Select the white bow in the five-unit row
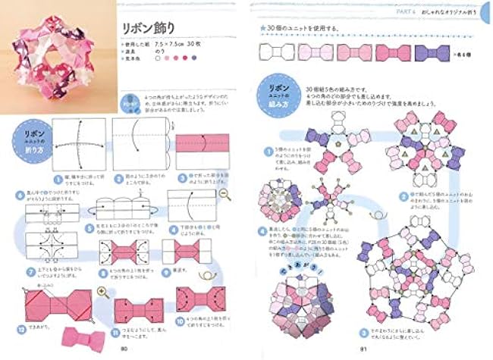click(275, 53)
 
